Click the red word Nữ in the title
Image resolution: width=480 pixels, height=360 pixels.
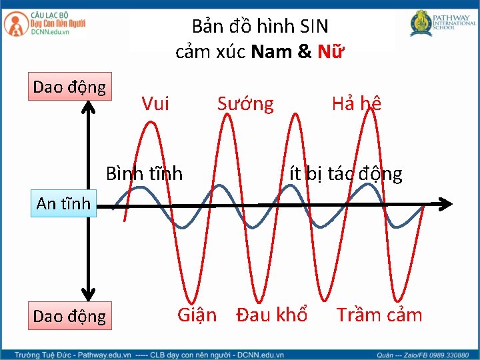coord(331,51)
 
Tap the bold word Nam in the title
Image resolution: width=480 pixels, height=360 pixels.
coord(271,51)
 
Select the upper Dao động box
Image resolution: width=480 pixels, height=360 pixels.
coord(70,87)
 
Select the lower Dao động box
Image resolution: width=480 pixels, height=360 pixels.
coord(69,315)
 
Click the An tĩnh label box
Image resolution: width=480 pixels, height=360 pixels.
coord(63,203)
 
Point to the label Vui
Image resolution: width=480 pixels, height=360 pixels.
coord(155,103)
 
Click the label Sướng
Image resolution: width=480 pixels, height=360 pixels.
coord(245,103)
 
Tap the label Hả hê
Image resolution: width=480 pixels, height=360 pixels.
coord(356,103)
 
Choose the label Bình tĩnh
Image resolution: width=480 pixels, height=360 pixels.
coord(144,174)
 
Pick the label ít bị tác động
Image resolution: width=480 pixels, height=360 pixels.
coord(345,174)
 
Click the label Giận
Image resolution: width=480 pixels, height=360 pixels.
coord(197,314)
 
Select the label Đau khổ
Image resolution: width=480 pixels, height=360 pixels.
coord(272,314)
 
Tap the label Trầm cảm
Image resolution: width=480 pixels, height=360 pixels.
coord(379,314)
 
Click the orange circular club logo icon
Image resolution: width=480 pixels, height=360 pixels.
coord(14,25)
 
